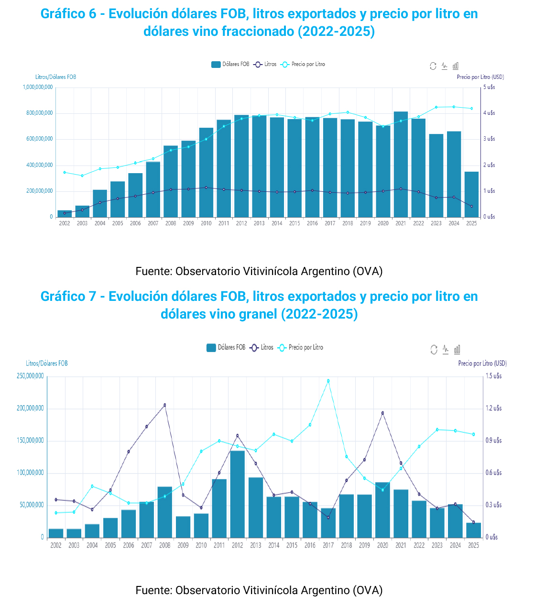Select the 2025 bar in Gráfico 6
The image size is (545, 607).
[471, 194]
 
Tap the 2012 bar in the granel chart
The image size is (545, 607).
[237, 494]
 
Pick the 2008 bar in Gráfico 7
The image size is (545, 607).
[165, 512]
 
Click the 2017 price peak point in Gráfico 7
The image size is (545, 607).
[328, 381]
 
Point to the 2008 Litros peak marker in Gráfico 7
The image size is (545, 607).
[165, 405]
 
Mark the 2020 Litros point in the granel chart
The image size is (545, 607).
[382, 413]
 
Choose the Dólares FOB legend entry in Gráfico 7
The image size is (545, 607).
[226, 347]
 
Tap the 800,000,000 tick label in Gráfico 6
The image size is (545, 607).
[38, 113]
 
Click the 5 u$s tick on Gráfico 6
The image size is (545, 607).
[489, 87]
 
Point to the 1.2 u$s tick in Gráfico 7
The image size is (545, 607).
[494, 408]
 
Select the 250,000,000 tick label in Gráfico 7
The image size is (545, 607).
[30, 376]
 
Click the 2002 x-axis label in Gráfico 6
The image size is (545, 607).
[64, 223]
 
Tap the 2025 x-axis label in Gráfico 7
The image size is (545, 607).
[473, 545]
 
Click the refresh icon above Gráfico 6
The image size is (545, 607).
[433, 66]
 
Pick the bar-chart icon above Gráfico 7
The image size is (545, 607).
[457, 350]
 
